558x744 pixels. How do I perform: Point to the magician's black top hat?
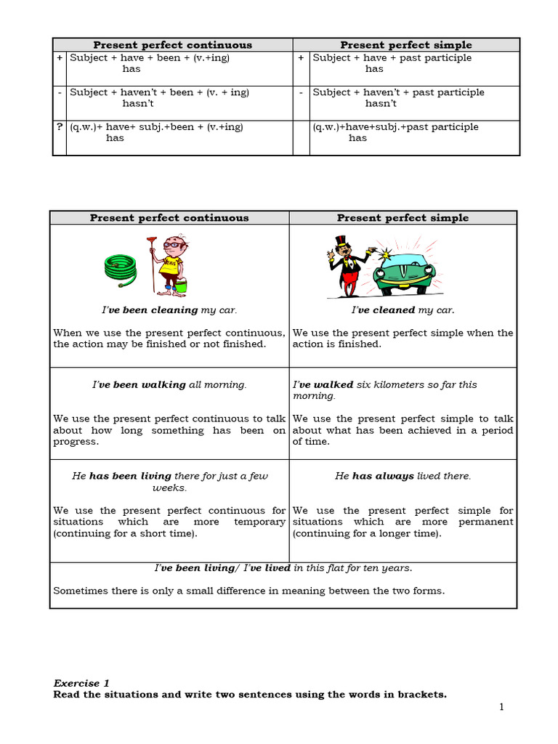point(341,242)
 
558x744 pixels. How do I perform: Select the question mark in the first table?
point(60,126)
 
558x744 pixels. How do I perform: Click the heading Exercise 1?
point(81,683)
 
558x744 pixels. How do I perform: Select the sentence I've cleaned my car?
point(403,310)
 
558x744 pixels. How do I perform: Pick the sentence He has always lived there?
point(403,476)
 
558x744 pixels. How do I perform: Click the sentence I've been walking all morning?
point(169,385)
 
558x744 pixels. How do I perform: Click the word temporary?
point(259,522)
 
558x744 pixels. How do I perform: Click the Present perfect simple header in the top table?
point(406,45)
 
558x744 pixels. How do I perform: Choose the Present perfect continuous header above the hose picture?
point(169,218)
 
